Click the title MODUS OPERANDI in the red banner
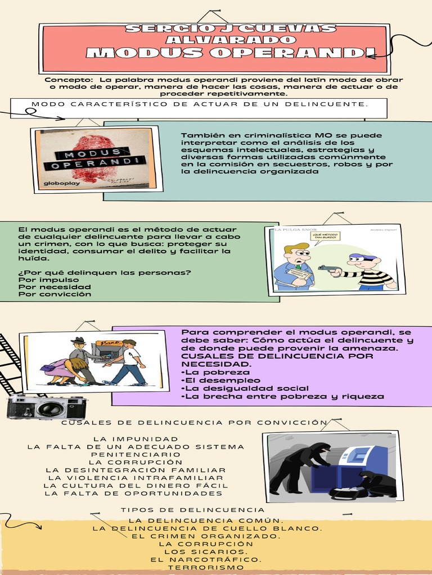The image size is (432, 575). [x=231, y=53]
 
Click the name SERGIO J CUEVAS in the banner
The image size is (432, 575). [x=231, y=29]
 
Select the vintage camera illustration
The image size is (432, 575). [x=47, y=407]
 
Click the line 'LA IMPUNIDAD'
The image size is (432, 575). [x=136, y=439]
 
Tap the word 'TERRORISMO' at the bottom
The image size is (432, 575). [x=206, y=567]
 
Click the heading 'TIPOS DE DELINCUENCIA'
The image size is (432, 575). [x=192, y=510]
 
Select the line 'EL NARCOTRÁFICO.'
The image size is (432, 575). [x=206, y=559]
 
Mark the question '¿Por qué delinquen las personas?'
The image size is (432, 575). [x=105, y=272]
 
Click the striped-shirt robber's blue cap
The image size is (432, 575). [x=362, y=257]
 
